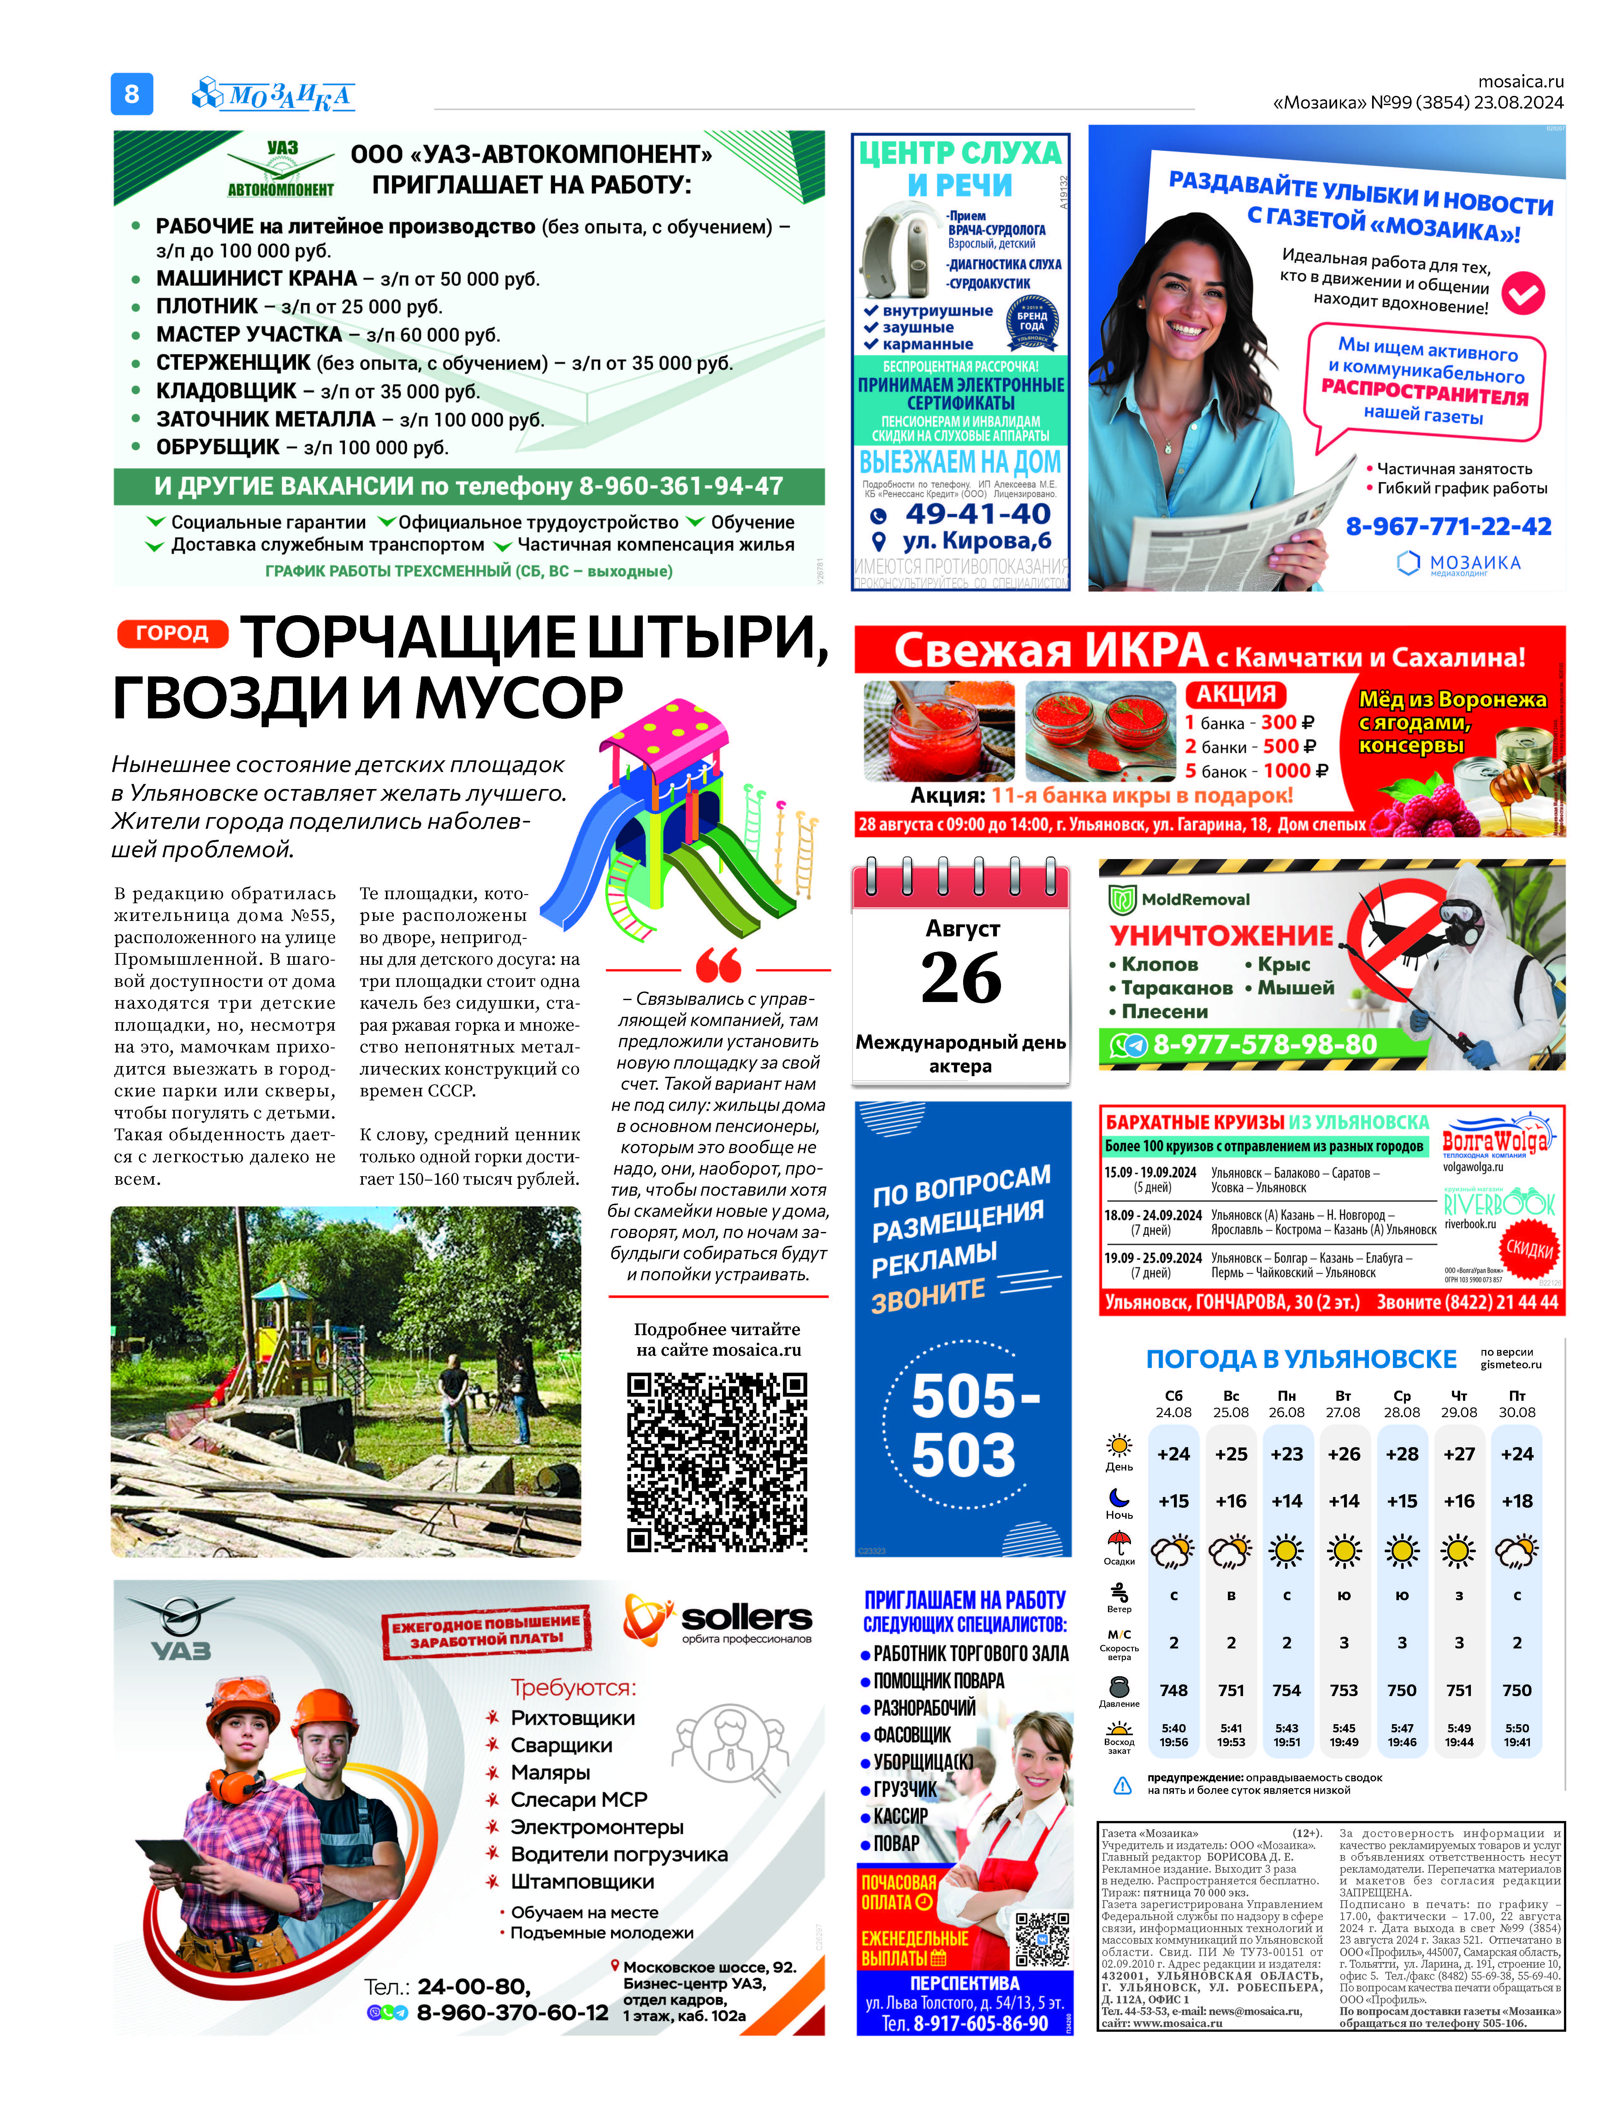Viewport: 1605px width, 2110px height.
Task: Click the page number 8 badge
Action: (132, 94)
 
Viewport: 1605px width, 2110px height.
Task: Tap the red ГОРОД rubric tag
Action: (172, 633)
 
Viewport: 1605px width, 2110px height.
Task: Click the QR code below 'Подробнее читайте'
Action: (717, 1461)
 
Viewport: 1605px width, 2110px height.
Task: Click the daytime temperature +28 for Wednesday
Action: (1401, 1454)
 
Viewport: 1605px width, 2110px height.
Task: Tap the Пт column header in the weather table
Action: (1517, 1395)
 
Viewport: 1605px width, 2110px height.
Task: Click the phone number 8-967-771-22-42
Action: (1448, 526)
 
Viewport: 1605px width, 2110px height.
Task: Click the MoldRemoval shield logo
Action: (1122, 899)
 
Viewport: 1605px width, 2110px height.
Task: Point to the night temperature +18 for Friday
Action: (1517, 1500)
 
